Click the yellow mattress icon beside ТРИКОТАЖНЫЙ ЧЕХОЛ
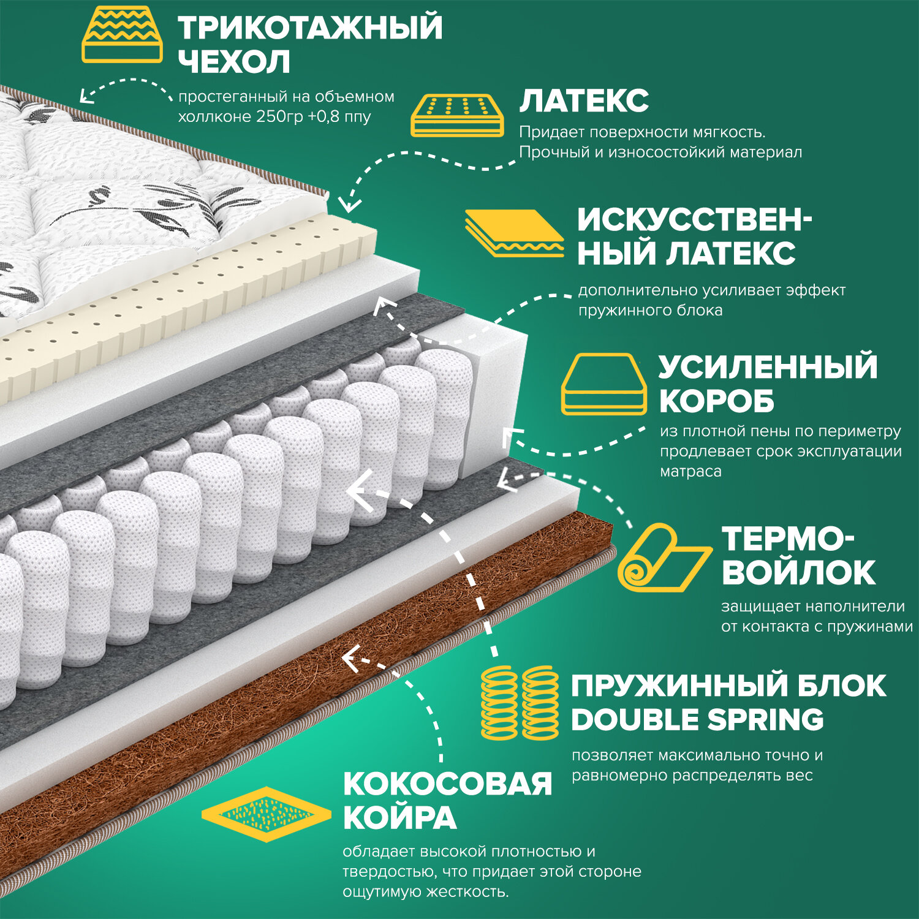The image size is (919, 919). coord(122,35)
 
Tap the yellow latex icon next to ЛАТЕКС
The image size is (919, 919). coord(456,115)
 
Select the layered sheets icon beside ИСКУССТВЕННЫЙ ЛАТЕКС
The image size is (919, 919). coord(513,233)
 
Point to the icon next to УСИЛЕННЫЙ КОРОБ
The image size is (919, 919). coord(603,384)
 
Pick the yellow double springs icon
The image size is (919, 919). coord(520,703)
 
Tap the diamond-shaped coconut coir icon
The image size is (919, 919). coord(266,814)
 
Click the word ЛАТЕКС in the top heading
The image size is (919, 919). coord(584,101)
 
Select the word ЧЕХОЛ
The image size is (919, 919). coord(233,62)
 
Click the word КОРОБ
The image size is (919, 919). coord(716,401)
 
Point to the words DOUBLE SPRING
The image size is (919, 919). coord(697,720)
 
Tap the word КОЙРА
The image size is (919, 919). coord(399,818)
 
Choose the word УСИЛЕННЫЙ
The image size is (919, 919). coord(768,367)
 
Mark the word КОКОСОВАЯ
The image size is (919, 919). coord(447,784)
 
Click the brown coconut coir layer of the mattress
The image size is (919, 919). coord(343,705)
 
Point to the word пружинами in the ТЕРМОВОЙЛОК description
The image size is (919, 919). coord(869,627)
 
